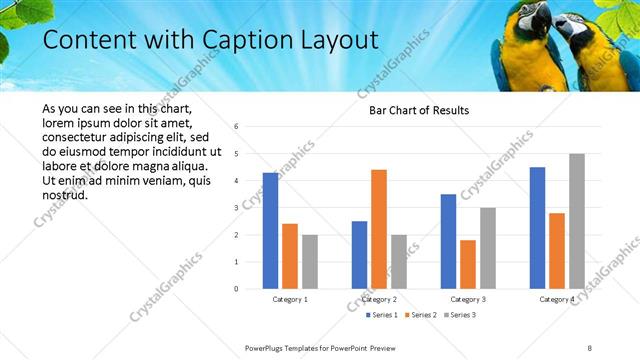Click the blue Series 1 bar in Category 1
coord(270,230)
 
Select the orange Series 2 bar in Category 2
coord(379,229)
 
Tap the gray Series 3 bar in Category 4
coord(577,221)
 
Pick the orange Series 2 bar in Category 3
coord(468,264)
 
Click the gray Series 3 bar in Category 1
coord(310,262)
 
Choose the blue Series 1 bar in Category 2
coord(359,255)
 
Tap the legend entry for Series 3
coord(459,315)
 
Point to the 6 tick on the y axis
coord(236,127)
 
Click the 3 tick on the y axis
coord(236,208)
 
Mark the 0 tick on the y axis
coord(236,289)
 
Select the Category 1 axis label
coord(290,299)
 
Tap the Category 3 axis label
coord(468,299)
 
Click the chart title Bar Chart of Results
coord(412,110)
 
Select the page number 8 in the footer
coord(590,347)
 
